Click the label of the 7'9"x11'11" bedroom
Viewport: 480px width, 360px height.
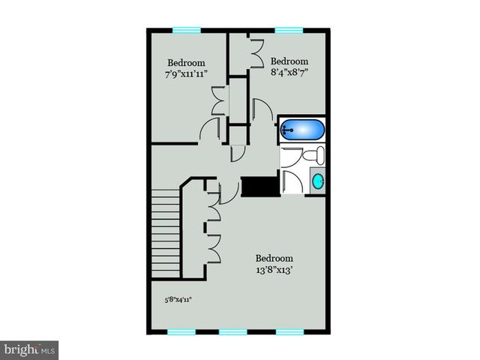pos(187,67)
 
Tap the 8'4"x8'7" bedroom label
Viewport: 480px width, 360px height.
pos(289,67)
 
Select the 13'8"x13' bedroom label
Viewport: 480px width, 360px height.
pos(273,264)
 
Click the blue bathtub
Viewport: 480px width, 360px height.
pos(303,130)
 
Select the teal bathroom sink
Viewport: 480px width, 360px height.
pos(318,181)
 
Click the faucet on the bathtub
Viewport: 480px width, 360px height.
pos(286,130)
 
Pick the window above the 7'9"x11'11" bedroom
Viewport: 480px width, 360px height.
pos(187,30)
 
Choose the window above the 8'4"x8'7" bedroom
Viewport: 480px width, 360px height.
pos(286,30)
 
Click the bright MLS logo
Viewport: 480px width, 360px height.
pos(29,349)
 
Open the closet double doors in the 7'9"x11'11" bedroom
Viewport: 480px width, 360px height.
pos(218,102)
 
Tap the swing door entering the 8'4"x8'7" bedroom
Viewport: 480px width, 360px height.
pos(262,109)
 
